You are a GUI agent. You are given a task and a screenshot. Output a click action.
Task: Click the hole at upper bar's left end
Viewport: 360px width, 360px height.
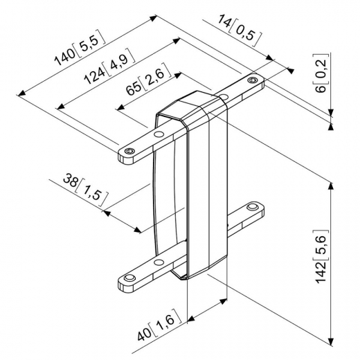(x=129, y=150)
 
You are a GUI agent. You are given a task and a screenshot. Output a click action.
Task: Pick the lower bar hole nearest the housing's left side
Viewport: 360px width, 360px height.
(x=159, y=262)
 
